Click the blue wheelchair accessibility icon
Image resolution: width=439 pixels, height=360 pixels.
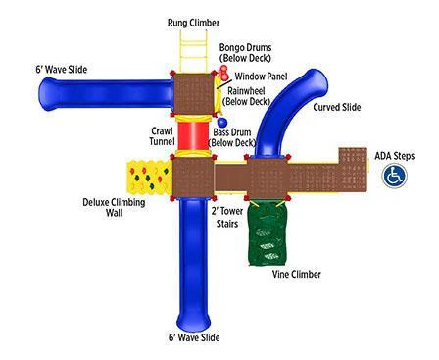[x=394, y=175]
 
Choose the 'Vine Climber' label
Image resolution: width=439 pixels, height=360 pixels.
[x=296, y=274]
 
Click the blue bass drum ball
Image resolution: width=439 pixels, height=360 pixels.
[x=222, y=123]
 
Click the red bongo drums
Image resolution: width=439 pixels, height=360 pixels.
[x=225, y=72]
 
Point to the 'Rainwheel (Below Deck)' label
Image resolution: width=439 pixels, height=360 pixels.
[x=249, y=95]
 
